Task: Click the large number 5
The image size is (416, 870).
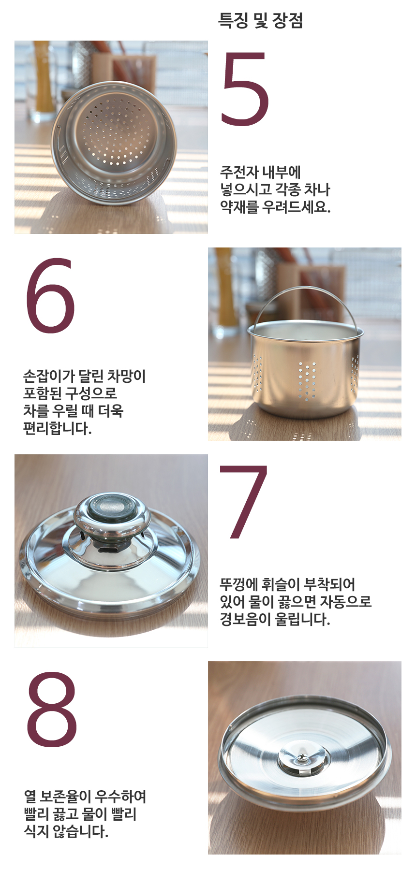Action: pos(245,89)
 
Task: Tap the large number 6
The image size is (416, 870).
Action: pos(50,296)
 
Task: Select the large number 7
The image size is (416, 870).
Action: pos(244,503)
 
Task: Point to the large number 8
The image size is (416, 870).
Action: pos(52,709)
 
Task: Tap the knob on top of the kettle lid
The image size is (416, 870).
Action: pos(112,512)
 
